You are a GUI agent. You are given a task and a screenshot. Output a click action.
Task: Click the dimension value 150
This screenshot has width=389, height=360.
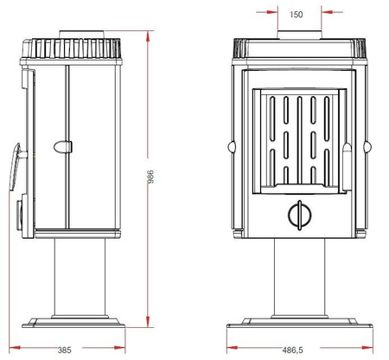tap(297, 15)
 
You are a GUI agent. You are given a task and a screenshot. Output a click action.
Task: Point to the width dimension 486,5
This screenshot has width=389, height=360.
tap(292, 350)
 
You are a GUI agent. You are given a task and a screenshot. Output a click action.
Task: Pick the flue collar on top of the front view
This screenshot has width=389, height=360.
tap(297, 35)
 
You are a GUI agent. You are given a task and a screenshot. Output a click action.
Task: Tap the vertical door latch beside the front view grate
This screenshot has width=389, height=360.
tap(344, 164)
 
